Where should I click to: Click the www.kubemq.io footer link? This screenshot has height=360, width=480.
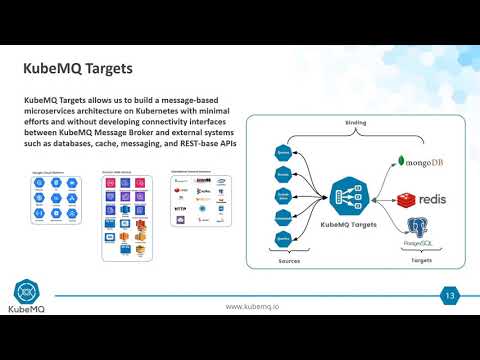tap(252, 306)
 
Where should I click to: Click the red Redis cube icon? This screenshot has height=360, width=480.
tap(406, 200)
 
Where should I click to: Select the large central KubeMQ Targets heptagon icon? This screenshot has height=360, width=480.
tap(350, 197)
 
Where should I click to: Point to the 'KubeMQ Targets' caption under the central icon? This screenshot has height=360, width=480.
tap(351, 225)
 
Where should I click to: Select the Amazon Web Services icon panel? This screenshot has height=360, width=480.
tap(125, 215)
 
